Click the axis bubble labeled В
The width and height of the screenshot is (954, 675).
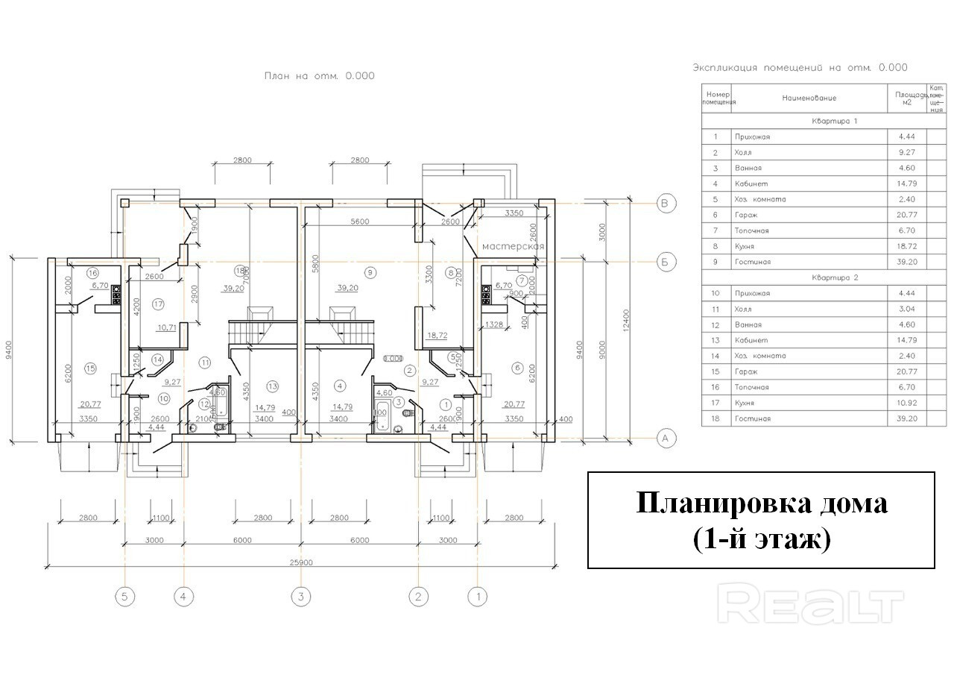pos(665,202)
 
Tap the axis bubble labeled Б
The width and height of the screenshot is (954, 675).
pos(665,262)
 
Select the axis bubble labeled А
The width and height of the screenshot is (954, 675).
pos(665,439)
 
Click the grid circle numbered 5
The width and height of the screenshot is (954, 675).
pos(125,597)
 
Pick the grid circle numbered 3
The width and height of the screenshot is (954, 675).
pos(300,597)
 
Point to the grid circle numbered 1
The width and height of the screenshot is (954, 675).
pos(476,597)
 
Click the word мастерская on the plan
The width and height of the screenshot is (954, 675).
pos(514,246)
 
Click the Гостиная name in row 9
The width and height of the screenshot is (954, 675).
pos(752,262)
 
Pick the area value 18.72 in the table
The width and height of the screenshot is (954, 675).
pos(908,246)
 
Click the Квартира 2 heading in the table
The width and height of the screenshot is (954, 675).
pos(835,277)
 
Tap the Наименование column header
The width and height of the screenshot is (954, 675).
pos(809,98)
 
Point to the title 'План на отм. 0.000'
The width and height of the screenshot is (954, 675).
pos(320,75)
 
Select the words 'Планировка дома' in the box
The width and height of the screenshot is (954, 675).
pos(761,503)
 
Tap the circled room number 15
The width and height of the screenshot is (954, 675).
pos(91,368)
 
